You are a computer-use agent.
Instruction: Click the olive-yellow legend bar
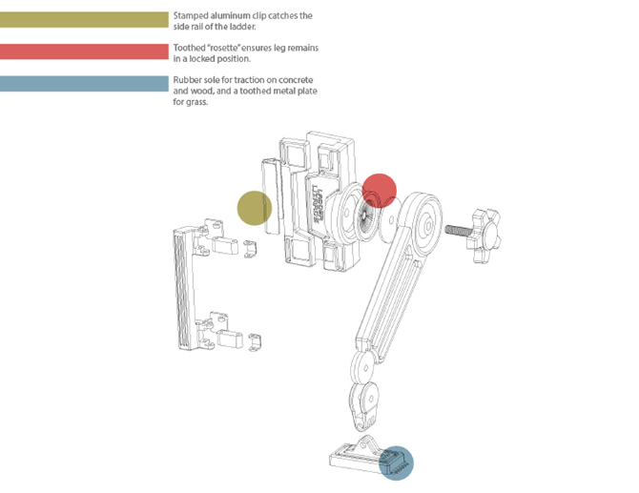pyautogui.click(x=84, y=20)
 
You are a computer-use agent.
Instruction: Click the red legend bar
pyautogui.click(x=84, y=51)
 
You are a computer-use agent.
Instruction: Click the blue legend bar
pyautogui.click(x=84, y=84)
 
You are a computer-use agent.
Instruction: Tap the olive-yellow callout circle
pyautogui.click(x=255, y=208)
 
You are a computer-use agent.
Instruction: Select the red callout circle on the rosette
pyautogui.click(x=379, y=191)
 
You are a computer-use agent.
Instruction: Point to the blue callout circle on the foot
pyautogui.click(x=396, y=463)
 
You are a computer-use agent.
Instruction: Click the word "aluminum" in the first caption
pyautogui.click(x=230, y=16)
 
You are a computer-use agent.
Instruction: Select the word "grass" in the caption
pyautogui.click(x=198, y=102)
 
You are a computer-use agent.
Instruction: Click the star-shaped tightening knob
pyautogui.click(x=484, y=236)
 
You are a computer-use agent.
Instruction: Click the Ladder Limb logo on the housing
pyautogui.click(x=318, y=204)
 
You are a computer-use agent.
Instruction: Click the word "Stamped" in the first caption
pyautogui.click(x=191, y=16)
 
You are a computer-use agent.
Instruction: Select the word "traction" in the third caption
pyautogui.click(x=249, y=80)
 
